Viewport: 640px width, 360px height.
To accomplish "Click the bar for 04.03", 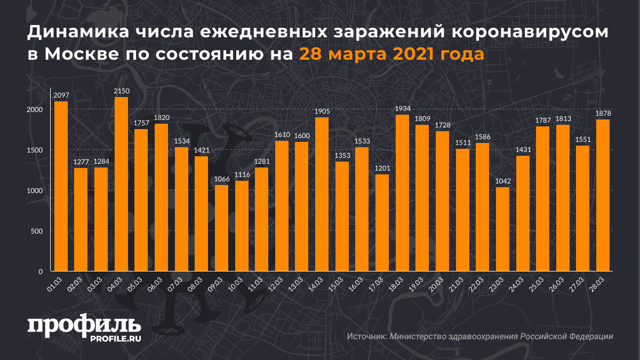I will (121, 184).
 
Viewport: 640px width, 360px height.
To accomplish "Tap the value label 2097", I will (61, 95).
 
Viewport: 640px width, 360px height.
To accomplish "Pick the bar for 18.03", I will (402, 193).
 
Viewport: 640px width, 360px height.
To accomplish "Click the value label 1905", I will (322, 111).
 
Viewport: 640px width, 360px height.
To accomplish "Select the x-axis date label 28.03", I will (599, 283).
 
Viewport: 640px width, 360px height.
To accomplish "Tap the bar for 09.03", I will (221, 228).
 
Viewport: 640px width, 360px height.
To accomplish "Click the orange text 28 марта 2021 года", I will (391, 54).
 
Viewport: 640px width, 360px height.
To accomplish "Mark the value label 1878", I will (603, 114).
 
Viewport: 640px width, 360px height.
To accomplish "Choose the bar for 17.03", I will (382, 222).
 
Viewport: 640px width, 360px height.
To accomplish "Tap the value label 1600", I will (301, 136).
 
